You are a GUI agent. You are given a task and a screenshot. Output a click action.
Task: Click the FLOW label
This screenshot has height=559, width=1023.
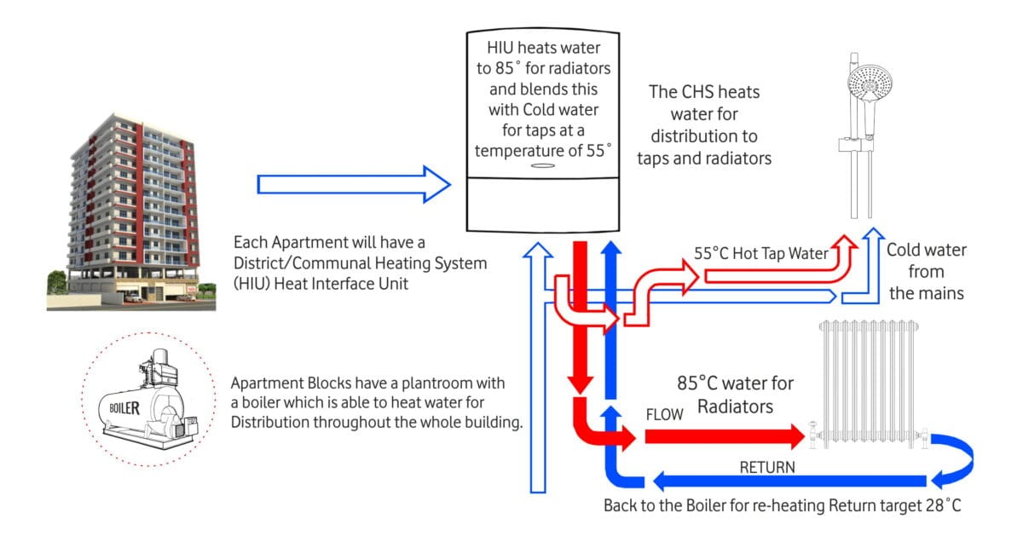pyautogui.click(x=665, y=415)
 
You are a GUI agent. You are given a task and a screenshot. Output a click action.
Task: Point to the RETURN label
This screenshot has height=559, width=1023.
pyautogui.click(x=766, y=467)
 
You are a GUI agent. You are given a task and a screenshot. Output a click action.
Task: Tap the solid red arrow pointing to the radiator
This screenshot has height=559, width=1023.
pyautogui.click(x=725, y=437)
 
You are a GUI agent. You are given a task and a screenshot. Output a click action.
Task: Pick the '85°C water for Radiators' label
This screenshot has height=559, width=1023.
pyautogui.click(x=736, y=395)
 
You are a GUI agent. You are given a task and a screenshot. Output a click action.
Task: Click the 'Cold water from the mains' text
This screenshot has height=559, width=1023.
pyautogui.click(x=926, y=272)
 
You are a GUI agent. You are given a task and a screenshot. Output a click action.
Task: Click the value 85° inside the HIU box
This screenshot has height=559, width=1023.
pyautogui.click(x=516, y=67)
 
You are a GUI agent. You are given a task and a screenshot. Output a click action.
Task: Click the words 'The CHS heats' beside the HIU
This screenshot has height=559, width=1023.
pyautogui.click(x=704, y=92)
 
